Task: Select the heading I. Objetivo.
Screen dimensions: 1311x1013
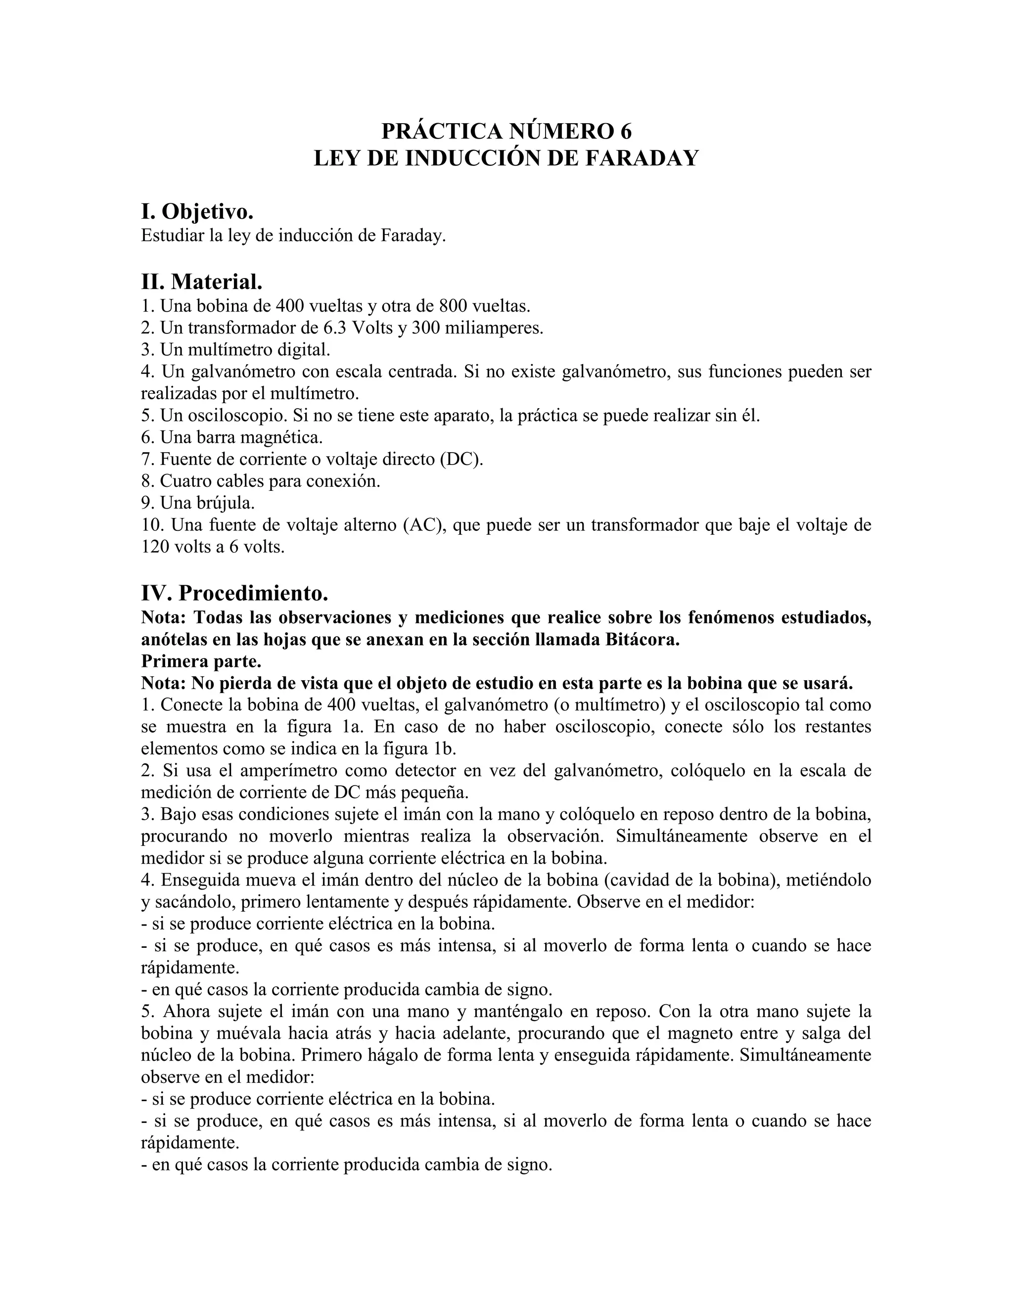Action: tap(197, 211)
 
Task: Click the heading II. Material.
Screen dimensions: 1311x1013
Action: tap(202, 281)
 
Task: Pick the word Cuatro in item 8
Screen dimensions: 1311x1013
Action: tap(188, 481)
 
